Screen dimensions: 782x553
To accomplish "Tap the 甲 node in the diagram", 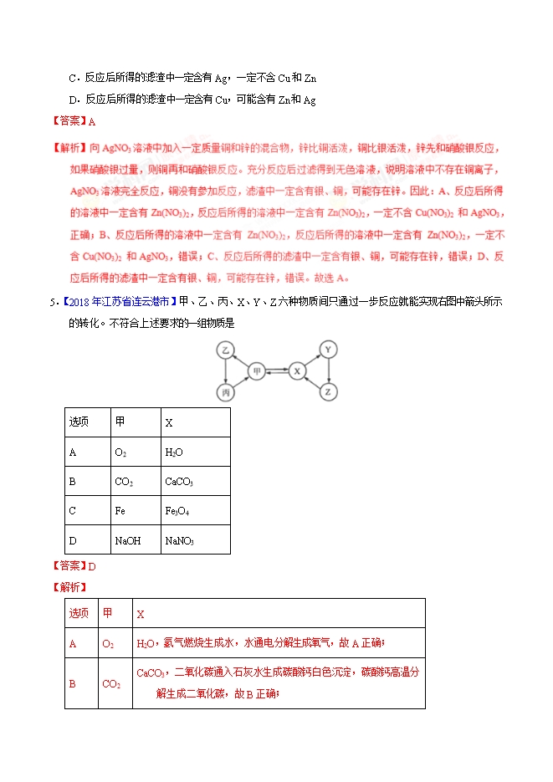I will tap(258, 370).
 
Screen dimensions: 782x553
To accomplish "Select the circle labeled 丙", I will tap(225, 391).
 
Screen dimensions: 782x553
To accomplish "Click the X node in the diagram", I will tap(297, 370).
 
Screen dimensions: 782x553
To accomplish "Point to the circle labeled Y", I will tap(329, 349).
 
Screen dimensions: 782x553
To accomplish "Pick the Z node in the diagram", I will tap(329, 391).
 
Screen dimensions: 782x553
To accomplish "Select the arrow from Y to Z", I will tap(329, 371).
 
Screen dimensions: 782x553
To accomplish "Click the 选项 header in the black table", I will tap(79, 422).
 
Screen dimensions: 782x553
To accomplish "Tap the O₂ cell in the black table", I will tap(120, 452).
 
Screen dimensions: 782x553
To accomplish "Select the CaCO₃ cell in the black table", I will tap(179, 482).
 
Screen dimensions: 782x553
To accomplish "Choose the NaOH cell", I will tap(127, 540).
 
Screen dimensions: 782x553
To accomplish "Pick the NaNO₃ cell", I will tap(180, 540).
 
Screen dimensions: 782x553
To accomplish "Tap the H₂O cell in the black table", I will tap(174, 452).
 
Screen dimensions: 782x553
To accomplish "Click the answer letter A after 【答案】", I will tap(92, 120).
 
